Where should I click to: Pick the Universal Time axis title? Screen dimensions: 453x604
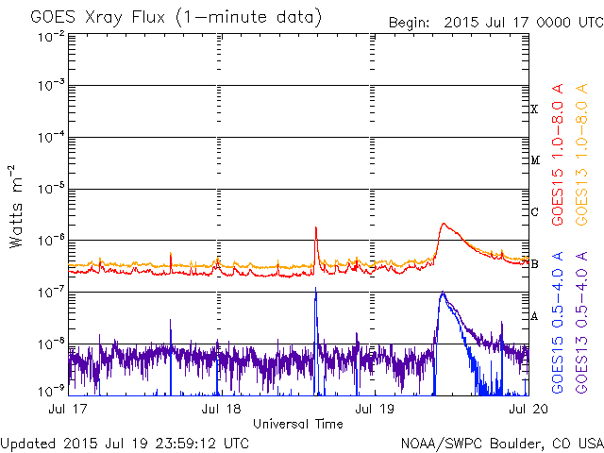(297, 424)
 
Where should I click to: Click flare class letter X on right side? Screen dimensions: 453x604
(534, 109)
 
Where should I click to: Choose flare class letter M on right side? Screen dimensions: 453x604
(534, 160)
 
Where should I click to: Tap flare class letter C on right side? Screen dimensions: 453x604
(534, 212)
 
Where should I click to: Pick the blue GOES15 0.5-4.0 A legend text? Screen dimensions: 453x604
(559, 322)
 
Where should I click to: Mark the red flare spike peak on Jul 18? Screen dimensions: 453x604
(315, 227)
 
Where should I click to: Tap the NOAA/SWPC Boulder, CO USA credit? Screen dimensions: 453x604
(501, 442)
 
